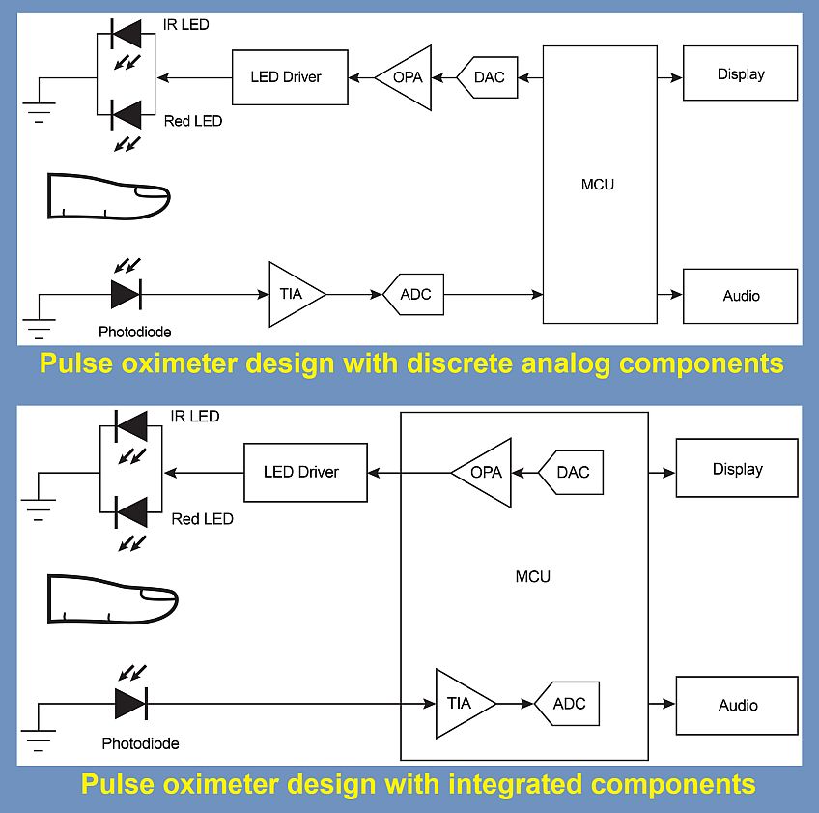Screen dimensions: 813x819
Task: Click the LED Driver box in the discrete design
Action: (x=290, y=77)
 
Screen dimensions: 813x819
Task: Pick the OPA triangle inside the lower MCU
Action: (x=484, y=472)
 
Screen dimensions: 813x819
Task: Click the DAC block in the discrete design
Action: (x=489, y=77)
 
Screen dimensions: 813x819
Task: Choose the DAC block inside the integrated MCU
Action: (x=571, y=472)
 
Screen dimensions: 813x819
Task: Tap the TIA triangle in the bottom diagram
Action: (x=462, y=703)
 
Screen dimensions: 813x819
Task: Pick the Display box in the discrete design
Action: (x=741, y=74)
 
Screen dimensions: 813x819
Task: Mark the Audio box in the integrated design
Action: (x=738, y=705)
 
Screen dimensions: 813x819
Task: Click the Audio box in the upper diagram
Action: (x=741, y=296)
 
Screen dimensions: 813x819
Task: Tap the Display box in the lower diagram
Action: (x=738, y=469)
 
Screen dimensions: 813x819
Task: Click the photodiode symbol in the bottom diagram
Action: (x=129, y=703)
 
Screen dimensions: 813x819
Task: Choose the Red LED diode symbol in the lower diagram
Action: (x=130, y=510)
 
